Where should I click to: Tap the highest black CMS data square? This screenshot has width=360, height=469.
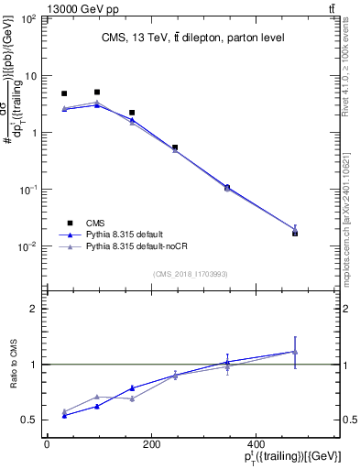coord(97,93)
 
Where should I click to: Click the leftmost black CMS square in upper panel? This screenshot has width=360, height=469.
coord(64,93)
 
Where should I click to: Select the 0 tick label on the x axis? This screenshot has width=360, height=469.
coord(47,444)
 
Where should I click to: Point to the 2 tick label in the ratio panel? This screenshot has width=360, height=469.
coord(34,309)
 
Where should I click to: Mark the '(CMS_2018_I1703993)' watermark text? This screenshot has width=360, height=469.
coord(191,274)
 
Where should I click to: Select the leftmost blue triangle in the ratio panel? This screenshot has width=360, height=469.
coord(64,416)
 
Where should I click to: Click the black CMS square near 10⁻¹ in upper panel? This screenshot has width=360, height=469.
coord(227,187)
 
